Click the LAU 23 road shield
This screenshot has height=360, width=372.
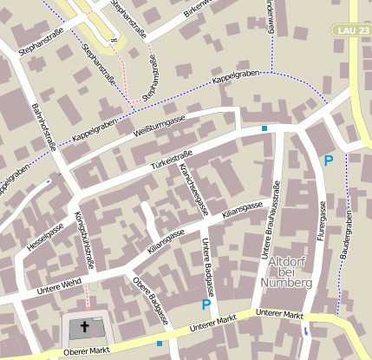[x=350, y=30]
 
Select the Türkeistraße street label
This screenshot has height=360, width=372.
[x=171, y=157]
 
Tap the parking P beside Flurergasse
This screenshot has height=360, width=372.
[x=328, y=160]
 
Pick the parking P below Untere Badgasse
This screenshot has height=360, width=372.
[x=206, y=304]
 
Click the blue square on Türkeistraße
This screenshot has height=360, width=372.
[x=264, y=128]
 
